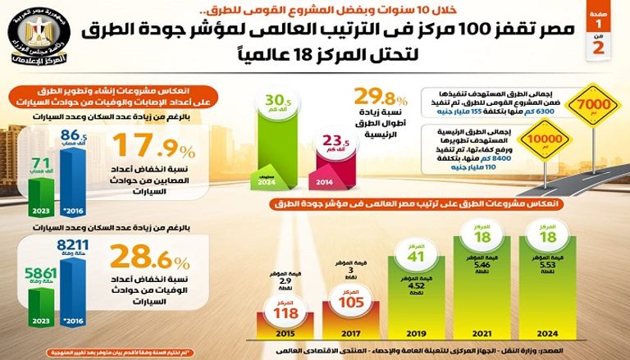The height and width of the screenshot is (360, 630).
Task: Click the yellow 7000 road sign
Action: click(x=592, y=106)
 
